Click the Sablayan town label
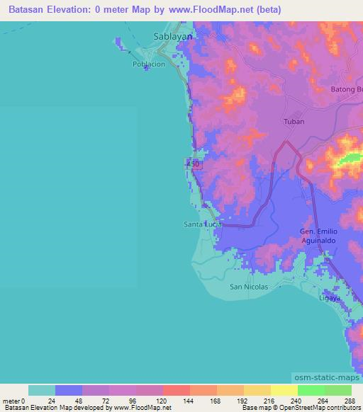point(173,35)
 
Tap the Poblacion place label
point(149,64)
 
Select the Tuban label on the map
point(294,121)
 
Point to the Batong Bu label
point(347,89)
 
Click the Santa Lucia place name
point(203,224)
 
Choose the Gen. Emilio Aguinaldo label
point(323,236)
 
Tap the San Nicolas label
point(250,287)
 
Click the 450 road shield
point(194,164)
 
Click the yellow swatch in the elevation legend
point(284,390)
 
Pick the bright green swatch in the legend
point(311,390)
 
